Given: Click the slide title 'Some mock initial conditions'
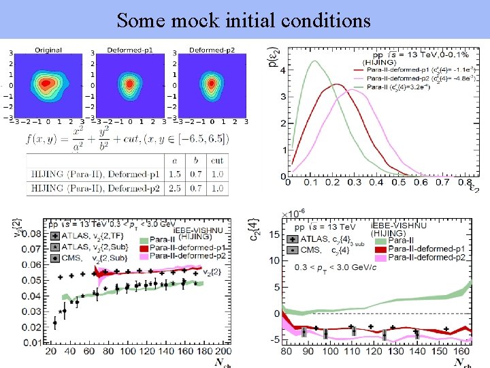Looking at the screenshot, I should tap(244, 20).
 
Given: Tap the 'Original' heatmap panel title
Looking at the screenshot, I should tap(48, 50).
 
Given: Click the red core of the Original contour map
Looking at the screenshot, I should tap(46, 84).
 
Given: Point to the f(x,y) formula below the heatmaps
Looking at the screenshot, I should tap(126, 138).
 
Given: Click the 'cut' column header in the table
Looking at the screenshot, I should tap(216, 160).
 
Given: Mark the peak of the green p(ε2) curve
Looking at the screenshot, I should tap(314, 61).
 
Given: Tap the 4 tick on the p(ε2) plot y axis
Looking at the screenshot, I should tap(282, 70).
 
